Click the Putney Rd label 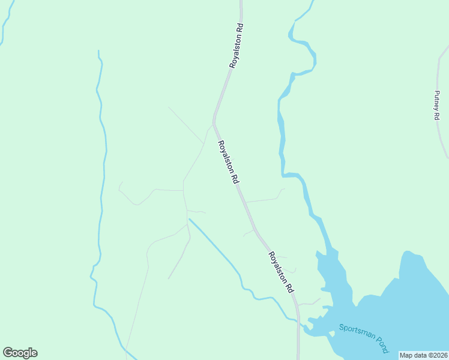coord(437,105)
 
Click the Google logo coord(20,353)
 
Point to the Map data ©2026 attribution coord(423,355)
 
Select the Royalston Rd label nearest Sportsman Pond coord(281,271)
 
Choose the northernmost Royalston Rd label coord(235,46)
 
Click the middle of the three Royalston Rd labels coord(229,161)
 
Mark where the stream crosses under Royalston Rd coord(297,322)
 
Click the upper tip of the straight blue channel coord(190,220)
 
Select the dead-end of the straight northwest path coord(169,107)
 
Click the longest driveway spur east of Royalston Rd coord(264,199)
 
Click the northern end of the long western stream coord(98,52)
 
